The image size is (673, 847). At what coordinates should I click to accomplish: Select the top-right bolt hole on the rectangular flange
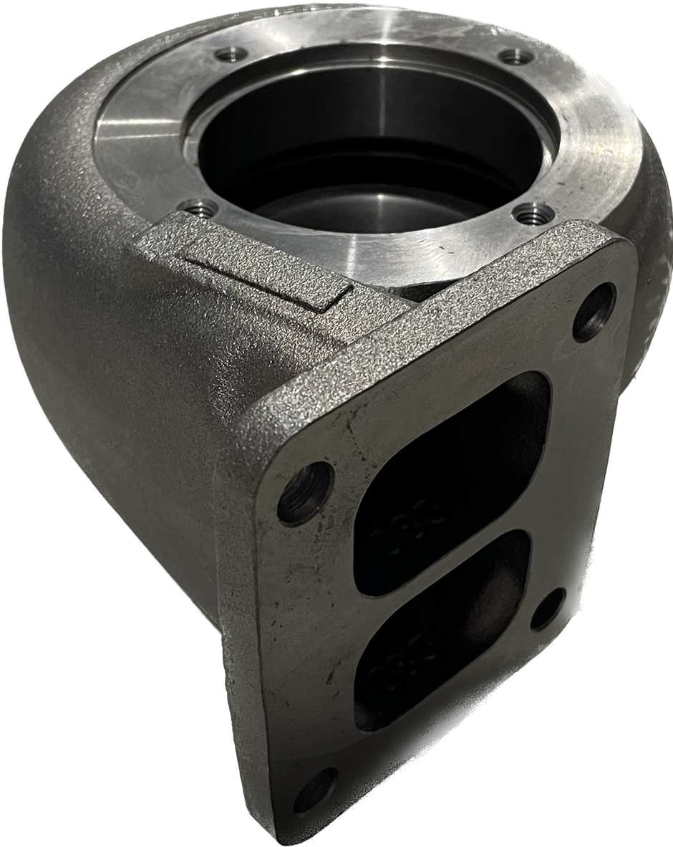594,312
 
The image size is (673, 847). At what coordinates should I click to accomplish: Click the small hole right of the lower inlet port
548,608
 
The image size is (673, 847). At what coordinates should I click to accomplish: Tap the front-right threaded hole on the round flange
535,213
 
